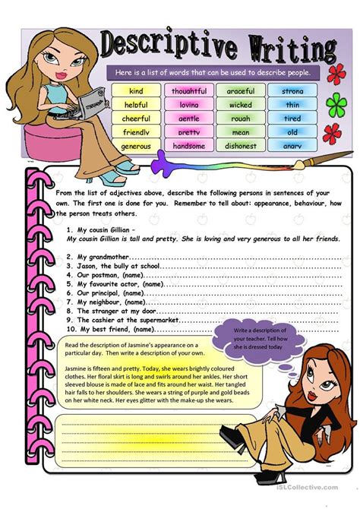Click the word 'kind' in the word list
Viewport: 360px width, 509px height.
pos(137,91)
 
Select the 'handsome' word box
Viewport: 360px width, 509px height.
pos(188,146)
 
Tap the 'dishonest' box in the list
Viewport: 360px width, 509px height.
pos(240,146)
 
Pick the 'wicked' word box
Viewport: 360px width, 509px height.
pos(240,105)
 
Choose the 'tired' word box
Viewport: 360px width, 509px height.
pos(292,119)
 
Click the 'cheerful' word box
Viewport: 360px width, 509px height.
pos(137,119)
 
